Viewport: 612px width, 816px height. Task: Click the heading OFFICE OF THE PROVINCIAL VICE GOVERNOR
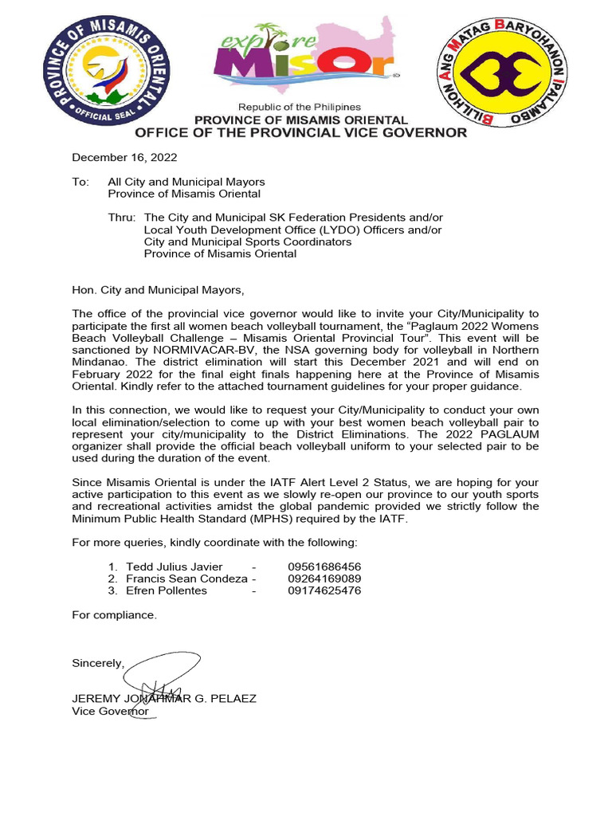[x=300, y=133]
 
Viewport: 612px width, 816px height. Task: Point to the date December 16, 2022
[x=124, y=158]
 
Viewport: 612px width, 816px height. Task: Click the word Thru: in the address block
[x=122, y=218]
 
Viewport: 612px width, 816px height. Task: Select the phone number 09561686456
[x=324, y=567]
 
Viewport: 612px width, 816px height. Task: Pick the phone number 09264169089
[x=324, y=579]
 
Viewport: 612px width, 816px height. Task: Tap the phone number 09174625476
[x=324, y=590]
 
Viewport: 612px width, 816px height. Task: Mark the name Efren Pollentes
[x=166, y=590]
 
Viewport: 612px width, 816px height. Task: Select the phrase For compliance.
[x=114, y=615]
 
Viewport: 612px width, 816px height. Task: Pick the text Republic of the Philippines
[x=300, y=107]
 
